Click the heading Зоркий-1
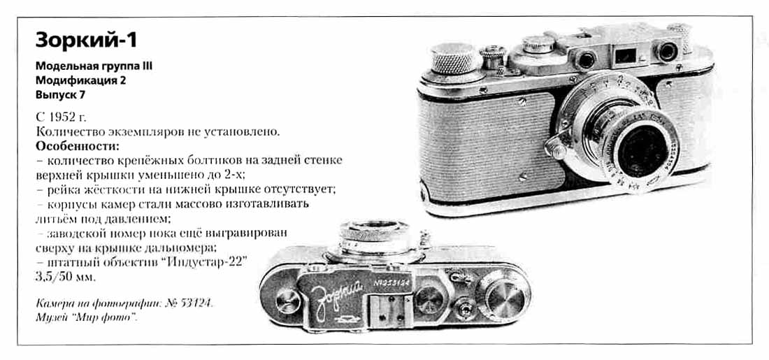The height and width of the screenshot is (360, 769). pyautogui.click(x=86, y=41)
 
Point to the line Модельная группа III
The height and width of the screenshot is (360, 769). pyautogui.click(x=93, y=66)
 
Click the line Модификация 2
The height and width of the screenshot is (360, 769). pyautogui.click(x=80, y=80)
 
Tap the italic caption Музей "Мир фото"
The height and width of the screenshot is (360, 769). pyautogui.click(x=86, y=317)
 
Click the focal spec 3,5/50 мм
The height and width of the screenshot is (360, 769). pyautogui.click(x=66, y=276)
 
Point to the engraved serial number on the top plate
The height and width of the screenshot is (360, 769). pyautogui.click(x=391, y=285)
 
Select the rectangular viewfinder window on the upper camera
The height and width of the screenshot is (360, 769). pyautogui.click(x=625, y=55)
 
